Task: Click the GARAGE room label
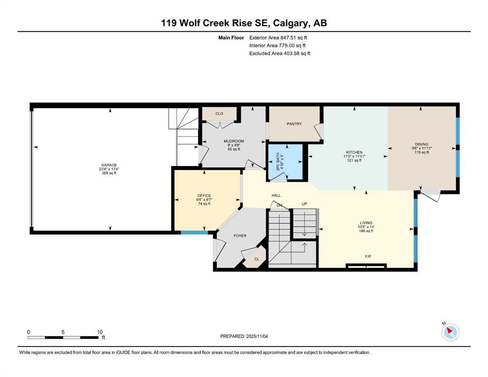(x=109, y=165)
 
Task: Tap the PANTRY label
(x=294, y=124)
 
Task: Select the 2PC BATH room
(x=286, y=162)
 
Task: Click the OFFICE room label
(x=204, y=195)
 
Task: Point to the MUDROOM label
(x=234, y=141)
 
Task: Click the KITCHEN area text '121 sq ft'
(x=354, y=161)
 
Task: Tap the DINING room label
(x=422, y=144)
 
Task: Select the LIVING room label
(x=366, y=223)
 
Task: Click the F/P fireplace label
(x=368, y=257)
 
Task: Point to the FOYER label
(x=240, y=236)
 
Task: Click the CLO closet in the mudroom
(x=219, y=114)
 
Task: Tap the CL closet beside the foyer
(x=257, y=259)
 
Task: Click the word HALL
(x=276, y=195)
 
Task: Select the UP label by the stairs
(x=304, y=204)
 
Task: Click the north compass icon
(x=450, y=332)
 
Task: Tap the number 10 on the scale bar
(x=100, y=332)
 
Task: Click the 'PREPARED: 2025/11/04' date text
(x=244, y=336)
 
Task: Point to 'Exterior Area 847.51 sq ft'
(x=278, y=38)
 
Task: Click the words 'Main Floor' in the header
(x=231, y=38)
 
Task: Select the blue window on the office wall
(x=195, y=232)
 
